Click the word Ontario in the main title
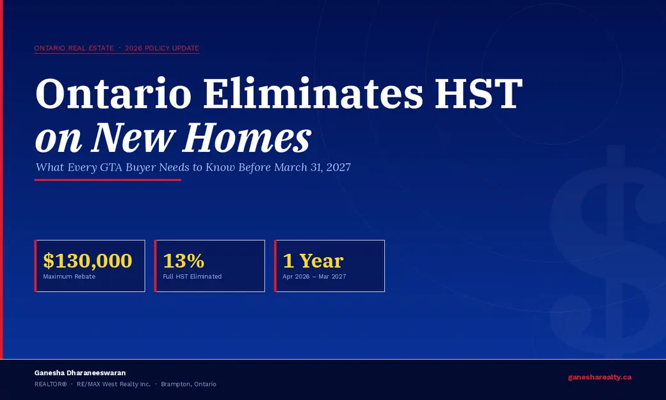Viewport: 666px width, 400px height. click(x=113, y=93)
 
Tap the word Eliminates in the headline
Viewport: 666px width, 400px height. click(x=313, y=93)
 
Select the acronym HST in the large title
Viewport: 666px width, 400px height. click(x=479, y=93)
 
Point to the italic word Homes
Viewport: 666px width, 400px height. click(x=247, y=137)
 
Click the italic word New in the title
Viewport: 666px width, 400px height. click(x=133, y=137)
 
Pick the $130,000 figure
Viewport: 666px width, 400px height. click(x=88, y=260)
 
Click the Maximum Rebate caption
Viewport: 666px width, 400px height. click(x=69, y=276)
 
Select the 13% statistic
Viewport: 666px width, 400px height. click(x=184, y=260)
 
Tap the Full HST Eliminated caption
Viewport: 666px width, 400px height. click(x=192, y=276)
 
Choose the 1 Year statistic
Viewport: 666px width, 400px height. click(x=313, y=260)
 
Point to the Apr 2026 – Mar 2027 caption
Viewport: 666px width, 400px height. click(x=314, y=276)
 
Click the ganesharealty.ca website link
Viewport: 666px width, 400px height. click(x=600, y=377)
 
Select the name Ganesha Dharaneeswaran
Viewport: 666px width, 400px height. click(x=80, y=373)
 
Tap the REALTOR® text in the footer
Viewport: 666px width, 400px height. click(x=51, y=384)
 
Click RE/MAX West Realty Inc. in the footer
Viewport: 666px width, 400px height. click(x=114, y=384)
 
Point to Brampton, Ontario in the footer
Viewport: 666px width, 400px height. click(x=188, y=384)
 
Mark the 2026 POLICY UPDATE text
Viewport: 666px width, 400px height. click(x=162, y=48)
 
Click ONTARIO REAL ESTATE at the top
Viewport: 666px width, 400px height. click(x=74, y=48)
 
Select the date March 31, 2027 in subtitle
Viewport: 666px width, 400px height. click(x=313, y=167)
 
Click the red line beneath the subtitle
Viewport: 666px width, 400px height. click(x=108, y=180)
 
